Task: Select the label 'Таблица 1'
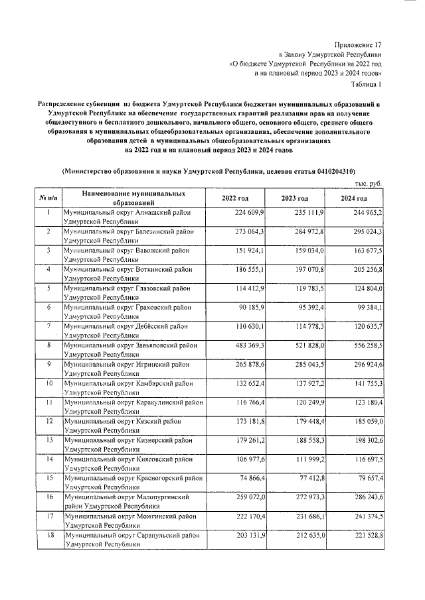coord(365,85)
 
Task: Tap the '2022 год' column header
coord(235,198)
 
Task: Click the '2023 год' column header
coord(295,198)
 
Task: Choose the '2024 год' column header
coord(354,198)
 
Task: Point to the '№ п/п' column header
coord(48,198)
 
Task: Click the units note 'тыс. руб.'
coord(369,184)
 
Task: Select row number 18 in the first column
coord(49,534)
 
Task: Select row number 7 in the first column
coord(49,328)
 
